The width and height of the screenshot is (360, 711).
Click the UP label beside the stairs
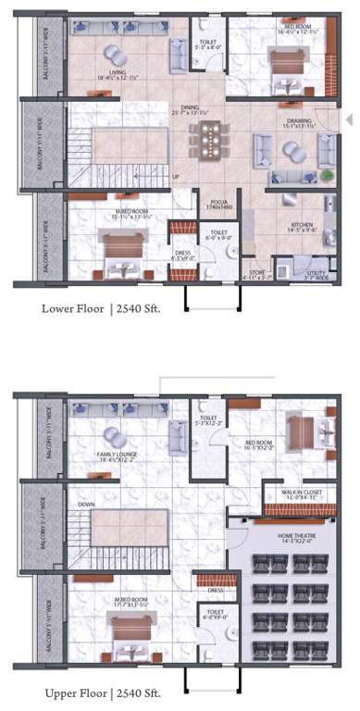pos(175,176)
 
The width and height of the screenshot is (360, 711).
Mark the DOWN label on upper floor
pos(87,505)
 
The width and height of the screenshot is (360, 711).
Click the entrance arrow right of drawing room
pos(349,119)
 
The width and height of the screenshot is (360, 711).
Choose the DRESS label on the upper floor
pos(215,590)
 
